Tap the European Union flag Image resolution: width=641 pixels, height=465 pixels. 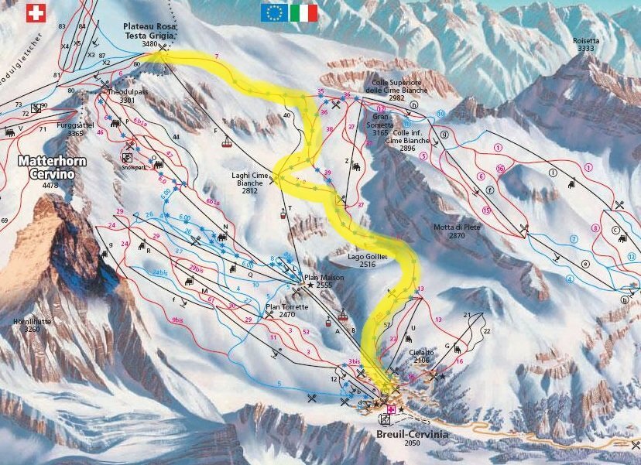tap(275, 12)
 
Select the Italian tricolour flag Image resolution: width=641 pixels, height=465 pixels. tap(304, 12)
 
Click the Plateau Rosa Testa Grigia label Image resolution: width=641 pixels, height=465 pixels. tap(150, 35)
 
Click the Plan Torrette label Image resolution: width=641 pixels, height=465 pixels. tap(286, 311)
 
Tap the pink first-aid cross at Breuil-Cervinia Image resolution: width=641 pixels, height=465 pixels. tap(391, 409)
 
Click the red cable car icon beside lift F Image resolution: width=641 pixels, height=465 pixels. tap(226, 142)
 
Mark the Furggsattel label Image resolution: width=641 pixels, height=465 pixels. tap(86, 129)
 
